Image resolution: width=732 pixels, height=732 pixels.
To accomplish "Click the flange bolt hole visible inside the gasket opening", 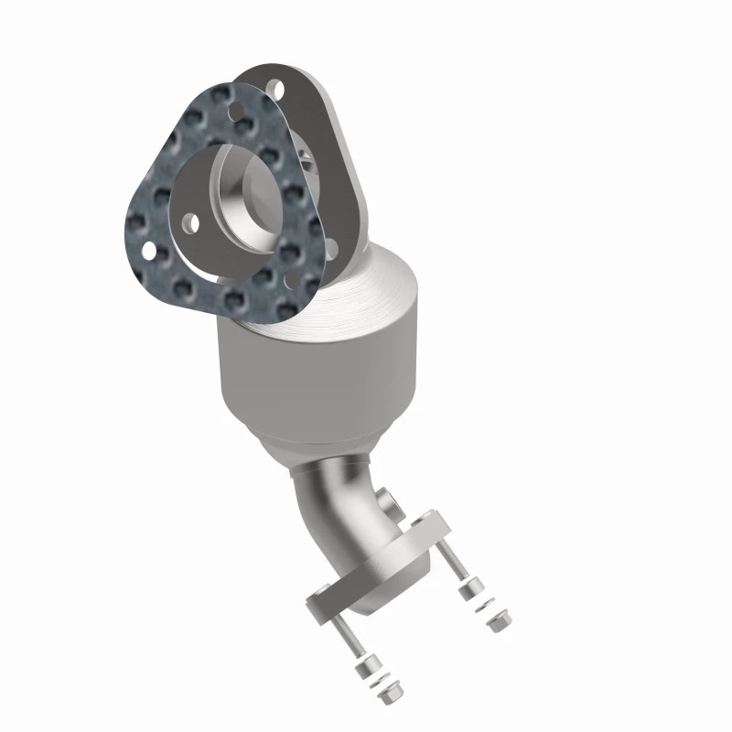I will [191, 221].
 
